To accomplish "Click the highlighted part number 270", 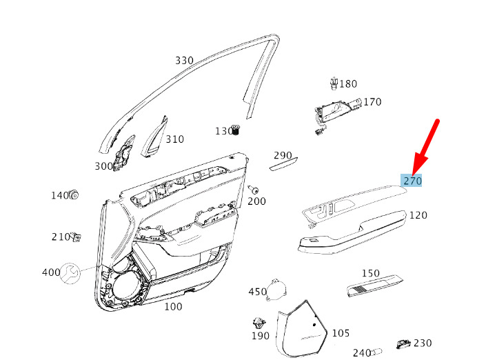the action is point(412,181).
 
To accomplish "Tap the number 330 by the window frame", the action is point(185,61).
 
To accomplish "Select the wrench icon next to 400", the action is point(70,273).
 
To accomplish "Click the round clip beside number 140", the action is point(74,194).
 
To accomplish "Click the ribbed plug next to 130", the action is point(236,130).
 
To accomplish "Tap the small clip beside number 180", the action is point(334,83).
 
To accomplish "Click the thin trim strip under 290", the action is point(283,164).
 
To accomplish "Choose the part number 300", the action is point(104,166).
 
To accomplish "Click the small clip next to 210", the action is point(76,237).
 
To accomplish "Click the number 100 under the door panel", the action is point(173,307).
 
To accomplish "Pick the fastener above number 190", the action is point(259,323).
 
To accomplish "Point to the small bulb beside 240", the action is point(377,352).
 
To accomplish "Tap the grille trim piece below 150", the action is point(375,286).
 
